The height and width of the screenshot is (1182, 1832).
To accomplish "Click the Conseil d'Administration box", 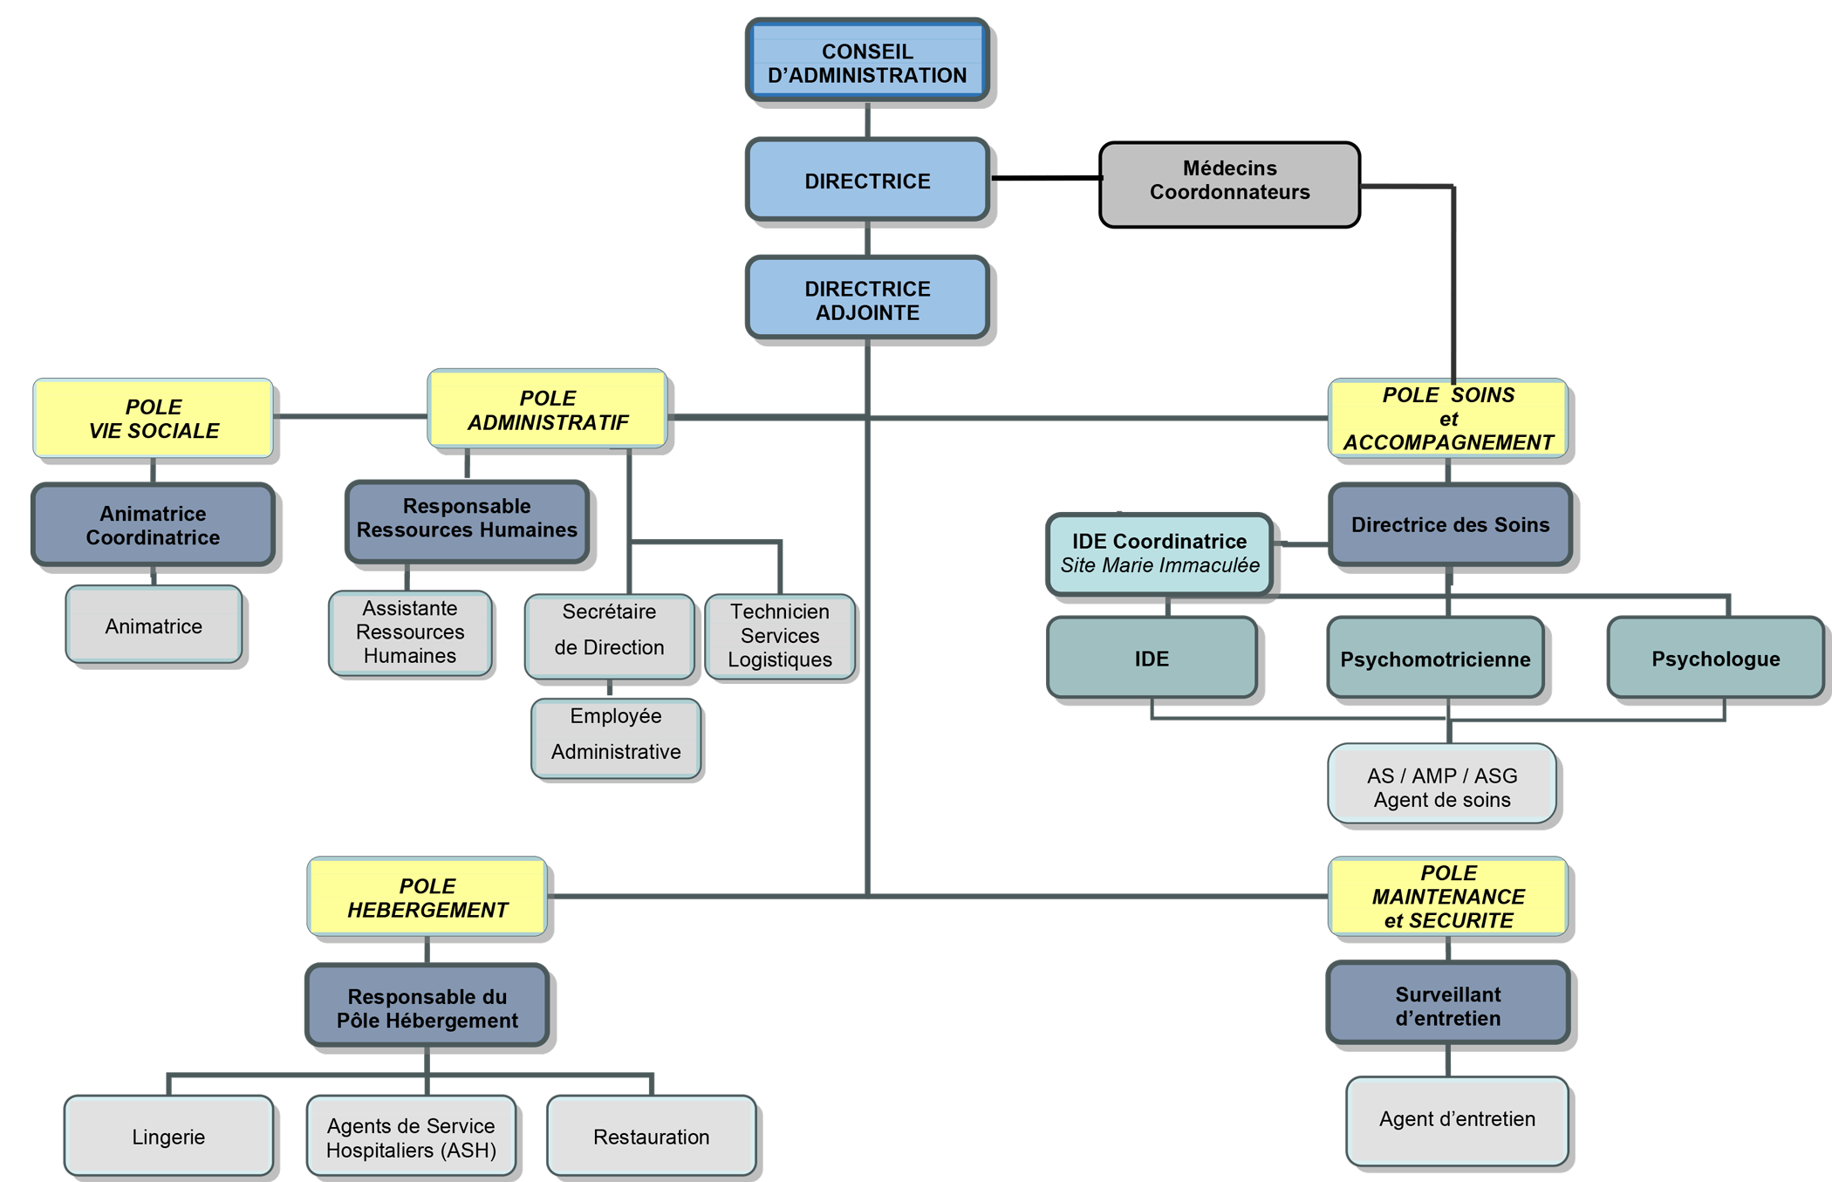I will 867,63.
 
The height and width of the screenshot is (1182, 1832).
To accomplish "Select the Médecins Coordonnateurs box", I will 1229,181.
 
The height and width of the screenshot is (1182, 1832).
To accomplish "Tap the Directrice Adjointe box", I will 867,299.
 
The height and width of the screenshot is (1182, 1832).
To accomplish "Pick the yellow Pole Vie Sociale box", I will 154,419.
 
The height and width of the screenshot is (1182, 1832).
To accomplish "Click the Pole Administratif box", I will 548,410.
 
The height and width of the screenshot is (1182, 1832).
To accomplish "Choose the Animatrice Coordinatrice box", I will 154,525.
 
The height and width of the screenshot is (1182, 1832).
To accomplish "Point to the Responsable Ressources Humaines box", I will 467,519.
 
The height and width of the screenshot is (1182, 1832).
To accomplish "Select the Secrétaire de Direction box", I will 609,635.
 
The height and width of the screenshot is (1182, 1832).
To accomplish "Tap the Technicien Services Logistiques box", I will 780,636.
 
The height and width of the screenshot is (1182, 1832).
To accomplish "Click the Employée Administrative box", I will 616,736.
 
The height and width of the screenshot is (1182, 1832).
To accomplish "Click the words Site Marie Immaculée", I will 1159,566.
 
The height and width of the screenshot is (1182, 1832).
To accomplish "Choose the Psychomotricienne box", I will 1435,659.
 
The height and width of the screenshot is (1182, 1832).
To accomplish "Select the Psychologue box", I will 1715,659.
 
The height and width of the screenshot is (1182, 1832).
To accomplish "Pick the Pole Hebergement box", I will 427,898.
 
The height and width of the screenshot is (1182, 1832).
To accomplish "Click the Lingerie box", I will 168,1137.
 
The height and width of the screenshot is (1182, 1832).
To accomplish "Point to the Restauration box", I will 652,1137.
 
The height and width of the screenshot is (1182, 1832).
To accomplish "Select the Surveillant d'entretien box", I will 1448,1005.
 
